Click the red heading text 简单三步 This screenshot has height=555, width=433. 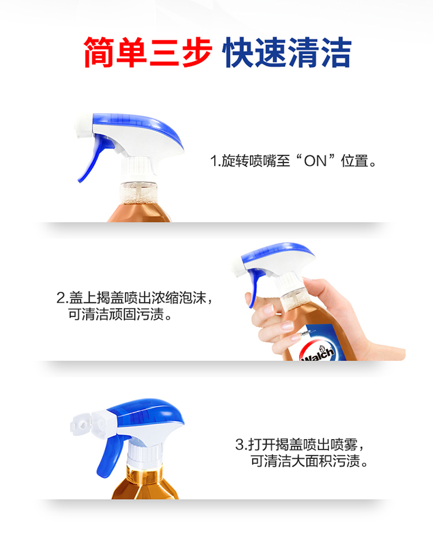click(148, 52)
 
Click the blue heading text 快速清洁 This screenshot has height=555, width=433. click(287, 52)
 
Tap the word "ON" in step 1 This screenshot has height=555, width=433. click(315, 161)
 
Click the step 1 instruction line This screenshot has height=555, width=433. click(293, 161)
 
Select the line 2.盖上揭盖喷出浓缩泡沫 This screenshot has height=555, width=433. click(135, 298)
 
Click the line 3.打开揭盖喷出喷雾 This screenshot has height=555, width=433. click(300, 445)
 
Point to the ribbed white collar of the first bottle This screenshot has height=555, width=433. click(139, 168)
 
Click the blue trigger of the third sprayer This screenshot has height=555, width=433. click(111, 456)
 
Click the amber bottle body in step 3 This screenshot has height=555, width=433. click(145, 482)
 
